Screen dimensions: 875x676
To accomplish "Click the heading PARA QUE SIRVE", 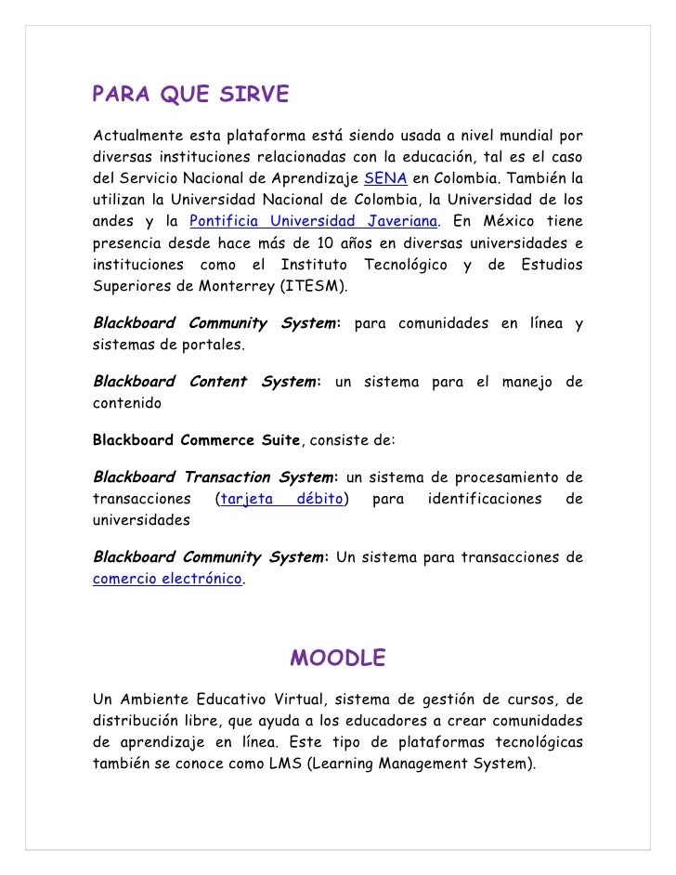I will click(x=190, y=96).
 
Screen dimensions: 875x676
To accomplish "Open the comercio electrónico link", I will click(x=167, y=578).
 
